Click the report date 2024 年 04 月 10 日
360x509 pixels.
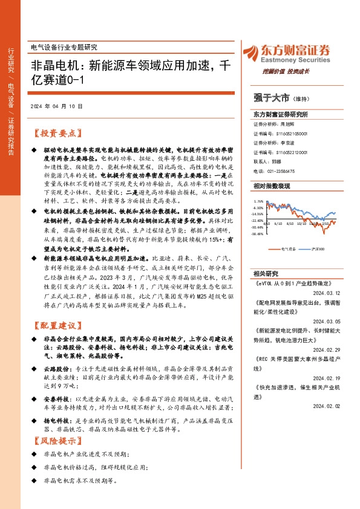[x=56, y=105]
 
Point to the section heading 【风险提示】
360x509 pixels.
[x=54, y=440]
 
